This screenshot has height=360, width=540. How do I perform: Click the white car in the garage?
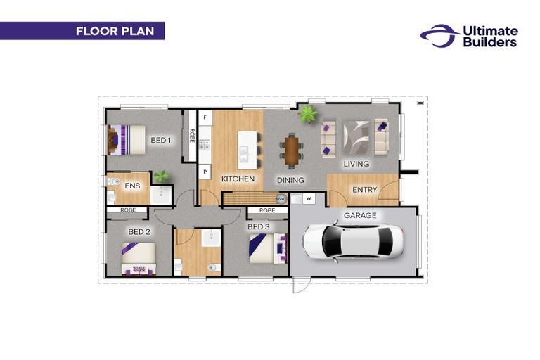click(x=354, y=241)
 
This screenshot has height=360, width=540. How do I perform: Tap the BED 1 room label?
click(x=161, y=140)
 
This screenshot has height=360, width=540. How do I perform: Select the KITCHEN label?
click(x=238, y=179)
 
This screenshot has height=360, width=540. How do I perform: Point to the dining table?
click(x=292, y=150)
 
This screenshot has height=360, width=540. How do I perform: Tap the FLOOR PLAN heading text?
click(x=115, y=31)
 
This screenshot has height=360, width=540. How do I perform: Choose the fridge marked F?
click(x=205, y=117)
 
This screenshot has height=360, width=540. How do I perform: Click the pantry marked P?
click(x=205, y=172)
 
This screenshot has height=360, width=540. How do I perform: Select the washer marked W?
click(x=309, y=198)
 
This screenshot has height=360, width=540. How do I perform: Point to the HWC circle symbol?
click(x=281, y=199)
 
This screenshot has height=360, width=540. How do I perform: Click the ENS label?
click(x=132, y=186)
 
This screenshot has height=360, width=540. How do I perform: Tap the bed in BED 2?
click(x=139, y=259)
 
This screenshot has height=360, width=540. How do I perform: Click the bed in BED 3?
click(x=269, y=248)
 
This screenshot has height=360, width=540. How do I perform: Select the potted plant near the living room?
click(x=307, y=114)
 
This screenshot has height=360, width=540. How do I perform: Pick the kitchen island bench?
click(x=247, y=150)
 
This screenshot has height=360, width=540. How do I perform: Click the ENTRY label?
click(x=365, y=190)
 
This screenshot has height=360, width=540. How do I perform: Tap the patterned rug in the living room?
click(x=356, y=138)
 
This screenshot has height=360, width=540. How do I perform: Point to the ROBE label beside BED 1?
click(x=192, y=136)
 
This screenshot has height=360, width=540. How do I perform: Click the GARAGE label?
click(x=360, y=215)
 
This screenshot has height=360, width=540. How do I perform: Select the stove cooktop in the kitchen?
click(x=205, y=144)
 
